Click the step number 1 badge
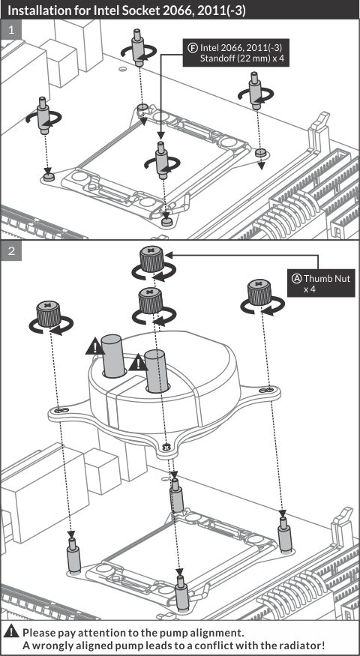click(x=11, y=30)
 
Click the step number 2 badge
click(x=11, y=250)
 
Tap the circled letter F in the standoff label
click(x=192, y=47)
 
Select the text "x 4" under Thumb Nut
click(x=309, y=289)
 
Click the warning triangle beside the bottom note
click(x=13, y=632)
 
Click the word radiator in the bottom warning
click(x=301, y=645)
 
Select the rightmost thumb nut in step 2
click(x=259, y=292)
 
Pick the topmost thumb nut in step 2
click(x=151, y=259)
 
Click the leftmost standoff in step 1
click(x=43, y=115)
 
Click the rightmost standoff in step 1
click(x=254, y=91)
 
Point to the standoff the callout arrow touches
click(x=161, y=161)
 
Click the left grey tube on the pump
click(x=113, y=355)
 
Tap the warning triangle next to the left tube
click(x=95, y=347)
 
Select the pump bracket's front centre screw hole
click(x=166, y=447)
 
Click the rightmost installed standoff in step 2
click(x=284, y=532)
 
